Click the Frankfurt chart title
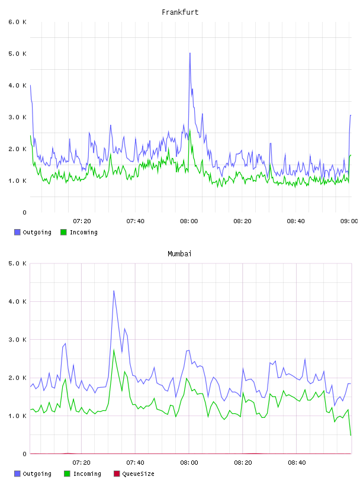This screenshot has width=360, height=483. [180, 12]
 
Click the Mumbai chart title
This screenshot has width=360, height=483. [179, 254]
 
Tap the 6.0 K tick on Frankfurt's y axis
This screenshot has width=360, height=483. [18, 22]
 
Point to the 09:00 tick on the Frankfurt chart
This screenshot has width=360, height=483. [349, 221]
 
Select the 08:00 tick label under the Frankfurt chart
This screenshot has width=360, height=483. [189, 221]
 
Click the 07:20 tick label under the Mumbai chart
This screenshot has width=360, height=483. [81, 462]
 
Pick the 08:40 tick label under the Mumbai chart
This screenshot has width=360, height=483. [297, 462]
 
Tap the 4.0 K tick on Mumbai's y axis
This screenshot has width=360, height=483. [18, 301]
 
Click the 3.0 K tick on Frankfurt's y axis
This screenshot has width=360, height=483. [18, 117]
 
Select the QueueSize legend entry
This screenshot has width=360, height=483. [134, 474]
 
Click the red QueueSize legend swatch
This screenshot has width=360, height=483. [117, 474]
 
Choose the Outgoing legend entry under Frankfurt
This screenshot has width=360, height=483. [33, 232]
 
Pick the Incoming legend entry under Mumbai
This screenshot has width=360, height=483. [82, 474]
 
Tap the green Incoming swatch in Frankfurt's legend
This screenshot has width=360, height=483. [63, 232]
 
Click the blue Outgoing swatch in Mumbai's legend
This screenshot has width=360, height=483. [17, 474]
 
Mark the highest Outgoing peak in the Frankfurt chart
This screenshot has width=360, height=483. [190, 53]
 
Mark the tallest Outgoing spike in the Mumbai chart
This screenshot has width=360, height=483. [114, 291]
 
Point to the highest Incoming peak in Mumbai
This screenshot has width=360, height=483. [114, 350]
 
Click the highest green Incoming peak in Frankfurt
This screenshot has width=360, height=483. [190, 130]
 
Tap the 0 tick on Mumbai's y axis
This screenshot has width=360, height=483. [24, 454]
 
